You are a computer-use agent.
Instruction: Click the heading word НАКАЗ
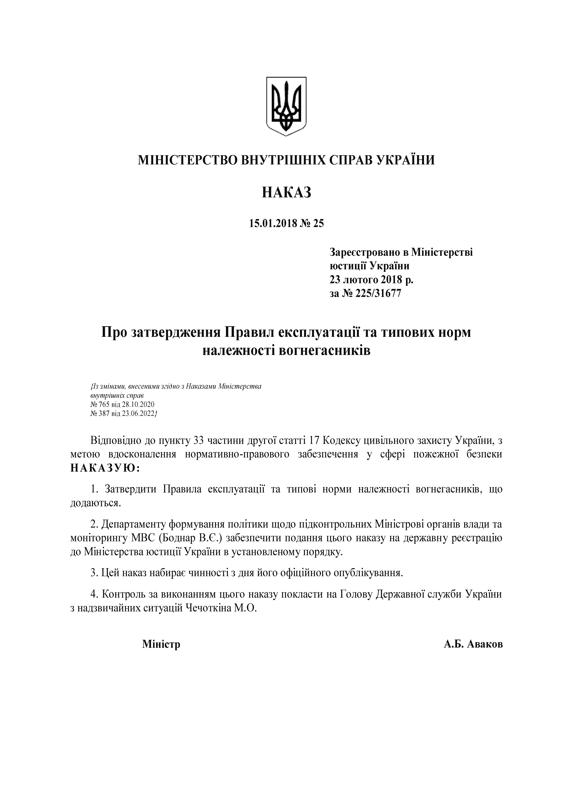click(x=286, y=192)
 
